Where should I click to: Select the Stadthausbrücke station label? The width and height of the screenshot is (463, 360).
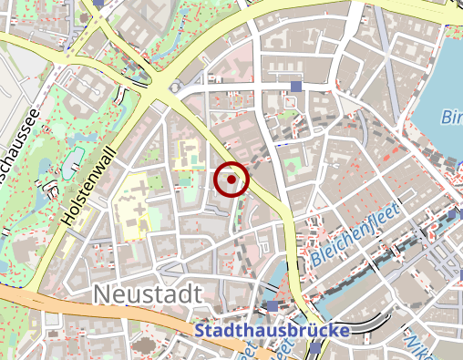272,329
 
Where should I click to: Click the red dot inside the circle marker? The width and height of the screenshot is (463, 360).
231,180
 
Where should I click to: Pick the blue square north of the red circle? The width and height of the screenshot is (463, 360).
295,87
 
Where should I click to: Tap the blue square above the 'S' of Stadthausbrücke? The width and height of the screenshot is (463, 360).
273,306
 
